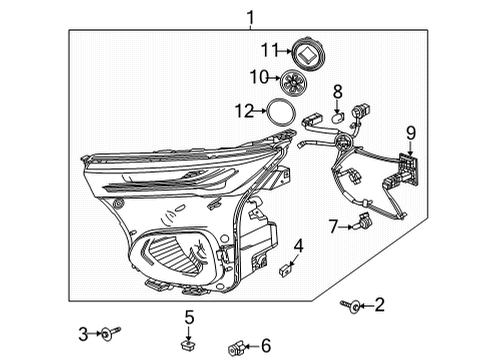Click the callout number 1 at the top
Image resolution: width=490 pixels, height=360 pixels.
point(251,16)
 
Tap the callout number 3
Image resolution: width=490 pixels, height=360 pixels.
point(84,331)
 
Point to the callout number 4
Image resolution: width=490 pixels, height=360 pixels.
point(297,245)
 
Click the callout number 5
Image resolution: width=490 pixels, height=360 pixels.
point(188,318)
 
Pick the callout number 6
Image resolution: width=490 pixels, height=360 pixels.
point(265,345)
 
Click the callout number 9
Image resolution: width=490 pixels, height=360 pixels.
point(410,130)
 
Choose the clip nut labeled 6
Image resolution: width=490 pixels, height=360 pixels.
point(237,346)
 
